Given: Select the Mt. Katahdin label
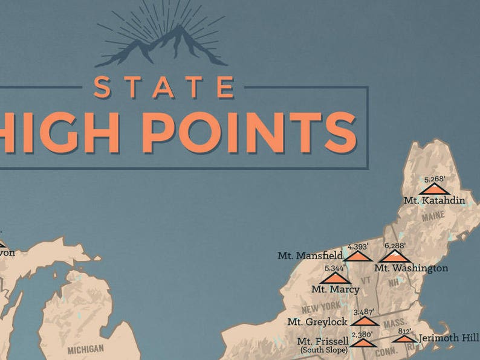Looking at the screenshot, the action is coord(431,199).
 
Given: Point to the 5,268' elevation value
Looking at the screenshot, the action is coord(435,179).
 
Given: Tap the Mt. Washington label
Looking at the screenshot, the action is coord(411,268).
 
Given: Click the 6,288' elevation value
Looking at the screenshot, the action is coord(395,246).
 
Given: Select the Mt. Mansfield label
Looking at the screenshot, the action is coord(310,256).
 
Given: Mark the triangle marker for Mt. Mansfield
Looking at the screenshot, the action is coord(357,256).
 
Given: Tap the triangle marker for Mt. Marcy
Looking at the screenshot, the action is coord(335,278).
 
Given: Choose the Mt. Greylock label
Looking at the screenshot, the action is coord(317,322).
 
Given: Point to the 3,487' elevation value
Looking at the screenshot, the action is coord(364,312).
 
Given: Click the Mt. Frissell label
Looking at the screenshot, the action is coord(323,341).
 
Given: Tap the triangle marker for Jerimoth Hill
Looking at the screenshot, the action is coord(404,339).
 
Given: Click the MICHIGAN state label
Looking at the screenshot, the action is coord(86,349).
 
